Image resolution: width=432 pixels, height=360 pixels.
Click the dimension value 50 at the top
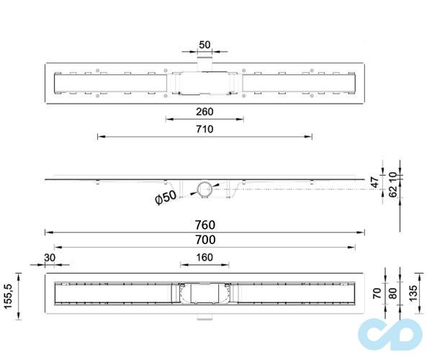[204, 45]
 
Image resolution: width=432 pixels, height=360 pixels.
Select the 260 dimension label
[204, 112]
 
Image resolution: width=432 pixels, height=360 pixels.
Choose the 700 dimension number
[204, 240]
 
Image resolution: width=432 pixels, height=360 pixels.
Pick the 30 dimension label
[50, 258]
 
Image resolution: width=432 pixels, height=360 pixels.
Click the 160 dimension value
[204, 258]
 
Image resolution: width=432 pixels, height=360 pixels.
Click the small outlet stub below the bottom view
[204, 318]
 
